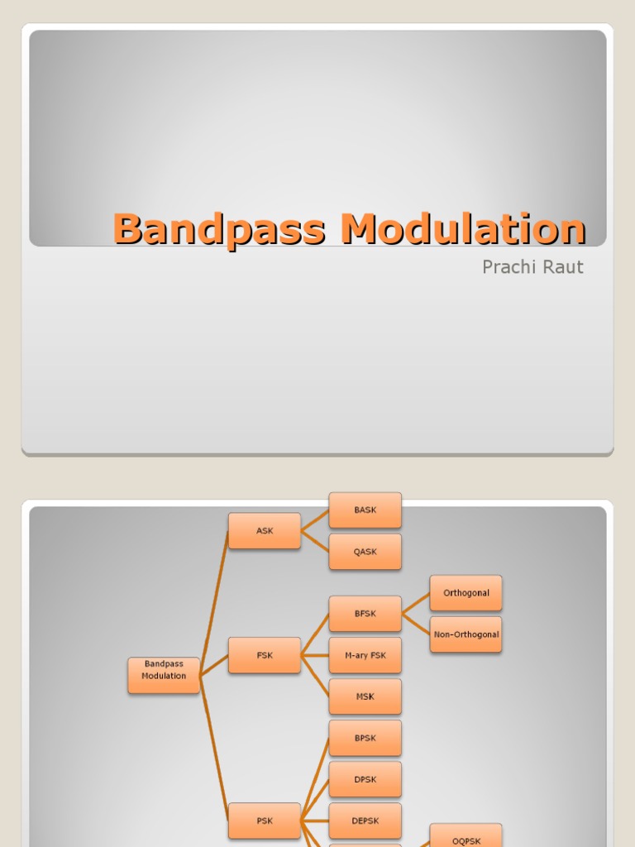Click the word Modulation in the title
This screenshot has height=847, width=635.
tap(464, 228)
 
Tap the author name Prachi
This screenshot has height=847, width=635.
tap(510, 267)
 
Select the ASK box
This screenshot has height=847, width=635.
tap(265, 531)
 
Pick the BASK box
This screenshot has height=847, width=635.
tap(365, 510)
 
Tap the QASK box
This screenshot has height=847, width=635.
tap(365, 552)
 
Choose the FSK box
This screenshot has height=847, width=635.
tap(265, 655)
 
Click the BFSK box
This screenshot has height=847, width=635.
tap(365, 614)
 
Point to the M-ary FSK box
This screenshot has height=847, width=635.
tap(365, 655)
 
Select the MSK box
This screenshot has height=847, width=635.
tap(365, 696)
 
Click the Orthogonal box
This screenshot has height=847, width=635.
tap(466, 593)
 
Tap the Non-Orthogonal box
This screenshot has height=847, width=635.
tap(466, 634)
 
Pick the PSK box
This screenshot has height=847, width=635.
tap(265, 821)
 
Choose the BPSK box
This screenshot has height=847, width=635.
tap(365, 738)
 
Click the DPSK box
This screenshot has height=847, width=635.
tap(365, 779)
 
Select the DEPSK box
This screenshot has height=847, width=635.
tap(365, 821)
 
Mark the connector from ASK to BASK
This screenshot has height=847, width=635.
tap(315, 520)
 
